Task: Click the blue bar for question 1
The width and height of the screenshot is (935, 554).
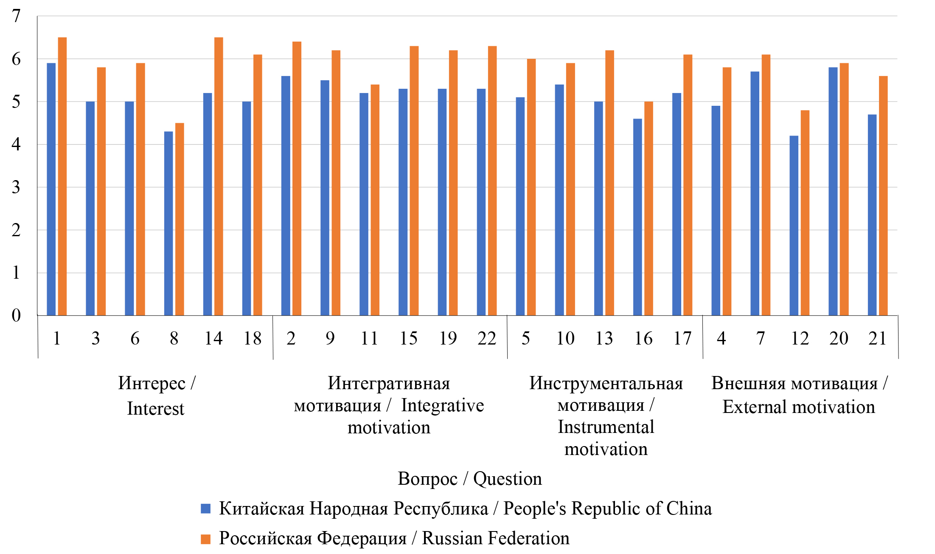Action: (x=51, y=189)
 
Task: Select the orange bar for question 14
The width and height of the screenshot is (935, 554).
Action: (x=219, y=176)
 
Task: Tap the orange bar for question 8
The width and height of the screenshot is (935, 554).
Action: (x=180, y=219)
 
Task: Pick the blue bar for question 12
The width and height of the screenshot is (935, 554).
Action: (x=794, y=225)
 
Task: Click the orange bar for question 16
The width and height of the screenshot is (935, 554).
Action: (x=649, y=208)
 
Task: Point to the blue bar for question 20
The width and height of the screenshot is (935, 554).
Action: (x=833, y=191)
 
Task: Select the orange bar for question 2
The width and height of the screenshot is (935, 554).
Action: (x=297, y=178)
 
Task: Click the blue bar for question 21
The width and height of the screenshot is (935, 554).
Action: (x=872, y=215)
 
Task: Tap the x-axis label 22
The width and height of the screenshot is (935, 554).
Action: (x=486, y=339)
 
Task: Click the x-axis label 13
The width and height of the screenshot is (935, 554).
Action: (x=604, y=339)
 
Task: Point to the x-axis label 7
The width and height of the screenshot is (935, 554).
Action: (x=760, y=339)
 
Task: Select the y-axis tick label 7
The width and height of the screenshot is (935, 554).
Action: (x=16, y=16)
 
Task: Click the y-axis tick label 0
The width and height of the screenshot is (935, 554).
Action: (x=16, y=315)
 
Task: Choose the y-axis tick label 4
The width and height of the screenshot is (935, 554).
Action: (x=16, y=144)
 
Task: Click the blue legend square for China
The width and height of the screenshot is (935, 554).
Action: (x=206, y=509)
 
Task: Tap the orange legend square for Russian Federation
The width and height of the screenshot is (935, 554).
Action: (x=206, y=539)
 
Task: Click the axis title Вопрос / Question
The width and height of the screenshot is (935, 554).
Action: (x=469, y=479)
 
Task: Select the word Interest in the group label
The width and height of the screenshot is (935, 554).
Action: (x=156, y=409)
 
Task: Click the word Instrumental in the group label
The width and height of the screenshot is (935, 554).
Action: (x=606, y=427)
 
